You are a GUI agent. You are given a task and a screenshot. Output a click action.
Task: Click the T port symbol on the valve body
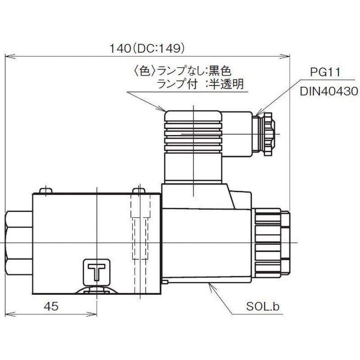pyautogui.click(x=97, y=271)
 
